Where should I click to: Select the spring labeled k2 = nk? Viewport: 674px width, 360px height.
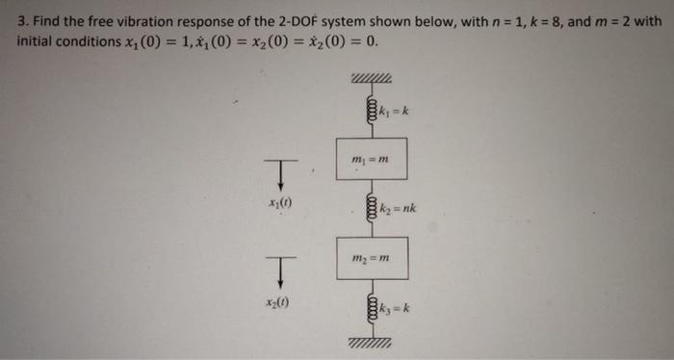click(367, 206)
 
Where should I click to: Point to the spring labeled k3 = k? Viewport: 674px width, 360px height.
click(367, 309)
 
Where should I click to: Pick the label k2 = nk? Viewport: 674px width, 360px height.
click(396, 207)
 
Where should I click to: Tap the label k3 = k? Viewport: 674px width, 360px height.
click(396, 309)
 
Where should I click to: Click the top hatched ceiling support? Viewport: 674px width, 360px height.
click(371, 80)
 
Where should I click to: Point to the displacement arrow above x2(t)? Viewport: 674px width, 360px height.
click(280, 270)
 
